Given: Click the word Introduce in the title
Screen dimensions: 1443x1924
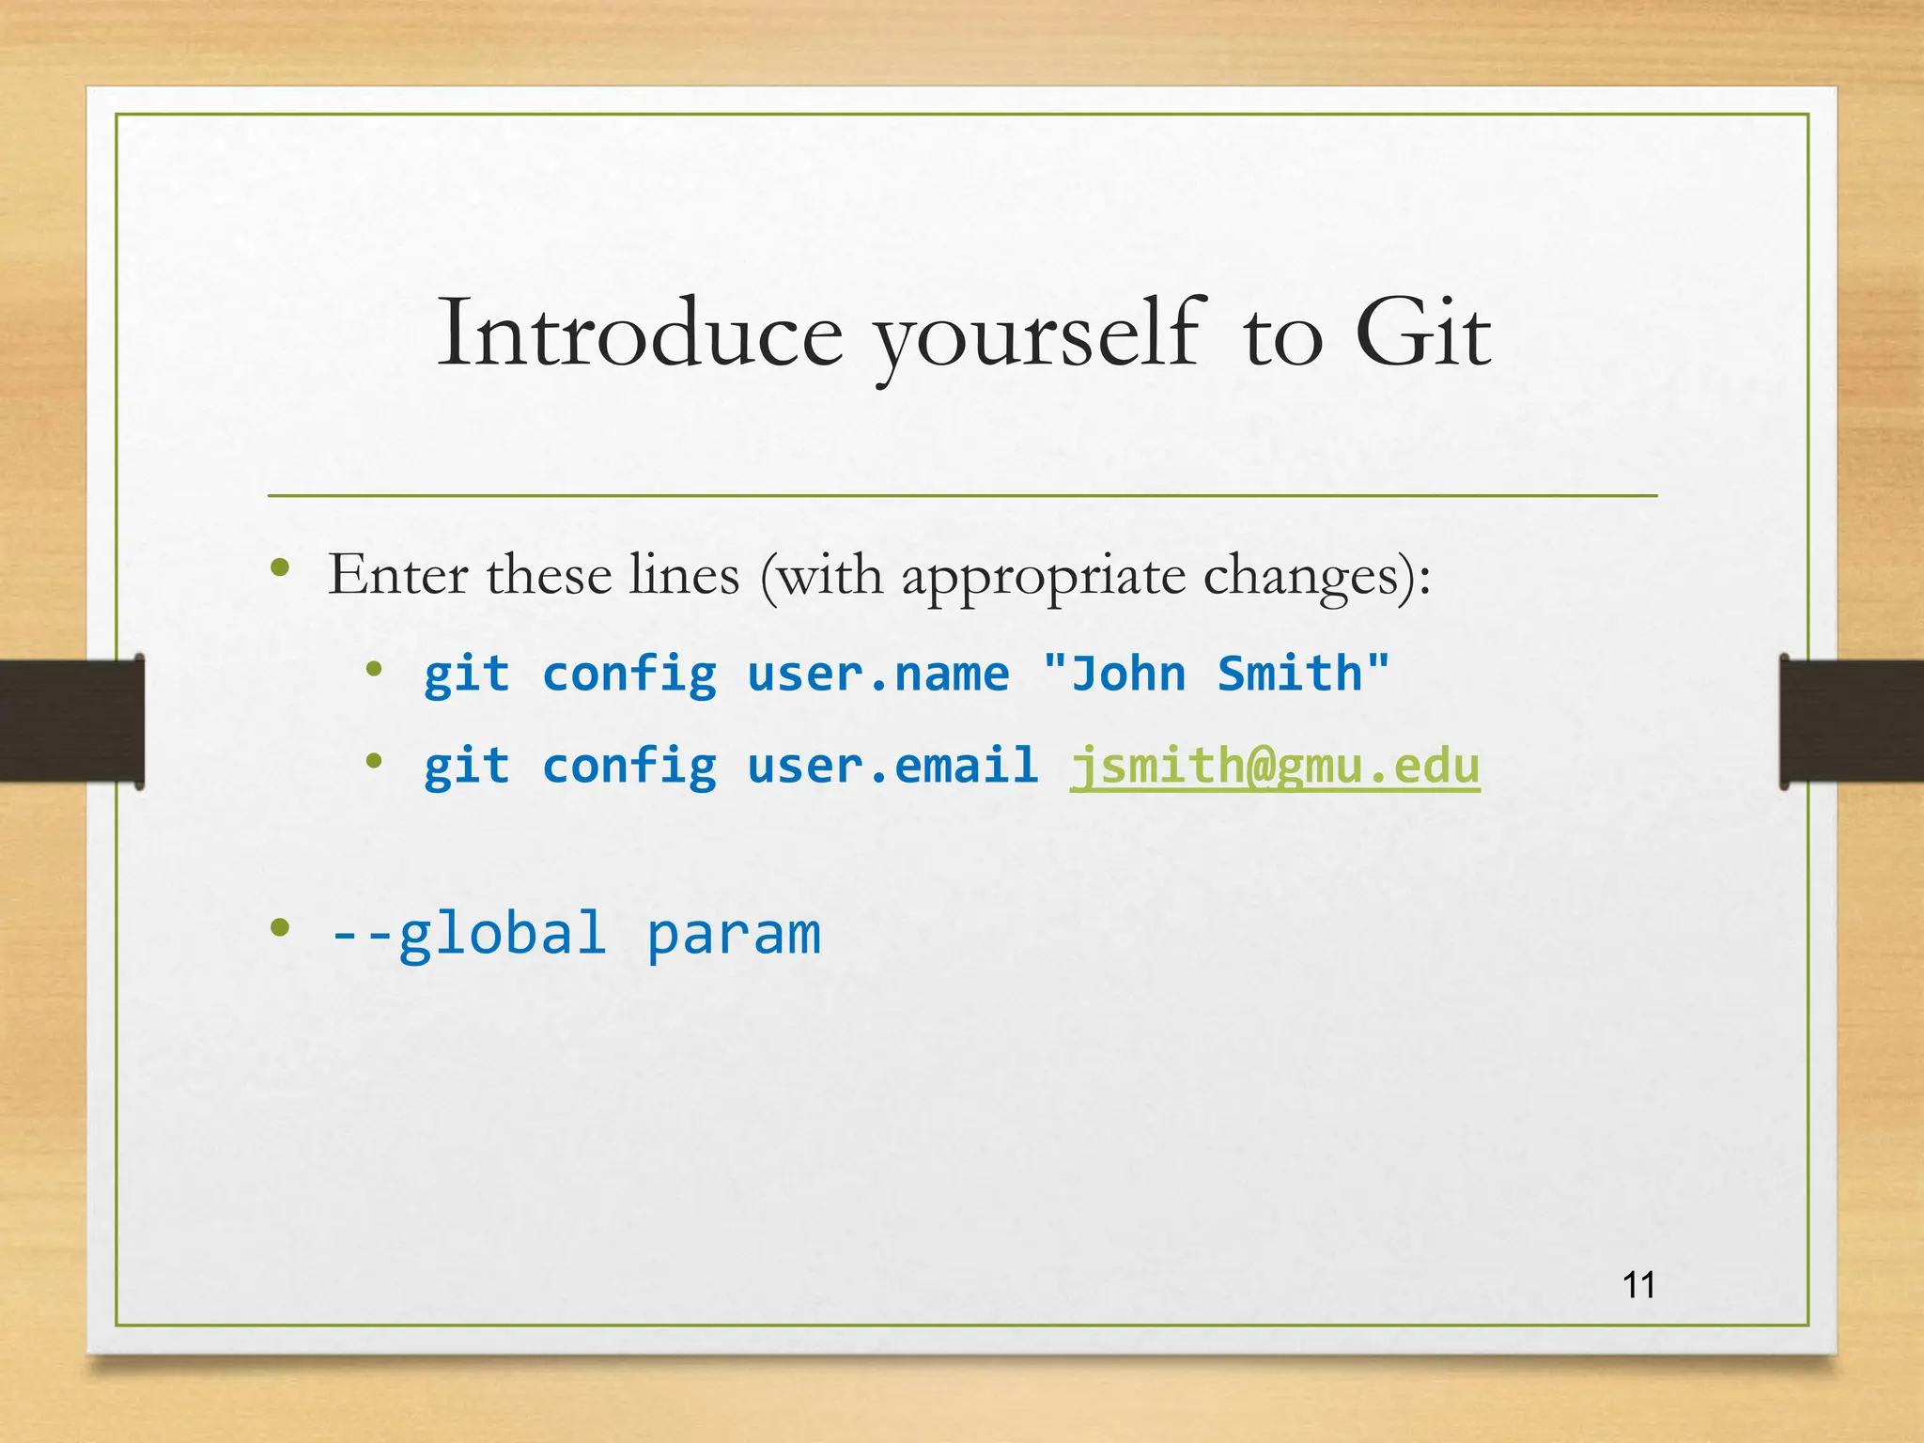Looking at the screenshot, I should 640,334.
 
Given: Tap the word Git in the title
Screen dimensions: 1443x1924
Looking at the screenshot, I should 1422,334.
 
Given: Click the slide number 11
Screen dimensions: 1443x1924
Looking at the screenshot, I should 1639,1285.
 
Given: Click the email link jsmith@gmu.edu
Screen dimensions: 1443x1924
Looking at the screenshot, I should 1275,767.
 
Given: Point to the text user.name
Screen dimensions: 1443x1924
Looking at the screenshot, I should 877,675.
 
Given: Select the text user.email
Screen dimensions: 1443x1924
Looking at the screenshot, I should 892,766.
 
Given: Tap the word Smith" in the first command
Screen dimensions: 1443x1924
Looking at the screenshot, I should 1303,675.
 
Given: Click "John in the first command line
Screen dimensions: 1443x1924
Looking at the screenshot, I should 1115,675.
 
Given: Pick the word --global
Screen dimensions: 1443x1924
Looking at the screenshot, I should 468,934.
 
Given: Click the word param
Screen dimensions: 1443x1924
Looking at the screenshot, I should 734,936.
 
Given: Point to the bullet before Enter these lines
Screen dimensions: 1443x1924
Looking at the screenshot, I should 279,567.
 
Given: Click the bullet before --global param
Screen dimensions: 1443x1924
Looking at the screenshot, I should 279,928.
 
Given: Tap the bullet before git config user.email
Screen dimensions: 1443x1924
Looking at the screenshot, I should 374,761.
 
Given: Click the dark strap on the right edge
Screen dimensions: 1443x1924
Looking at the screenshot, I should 1851,721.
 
